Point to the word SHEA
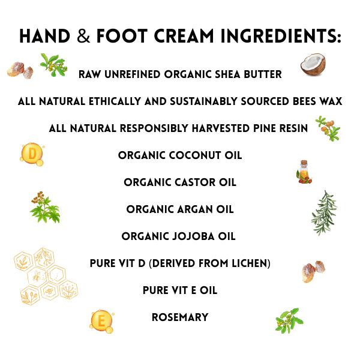click(223, 75)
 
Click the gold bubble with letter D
click(31, 154)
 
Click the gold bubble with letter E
click(101, 321)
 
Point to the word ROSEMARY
click(180, 317)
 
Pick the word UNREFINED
click(135, 75)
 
